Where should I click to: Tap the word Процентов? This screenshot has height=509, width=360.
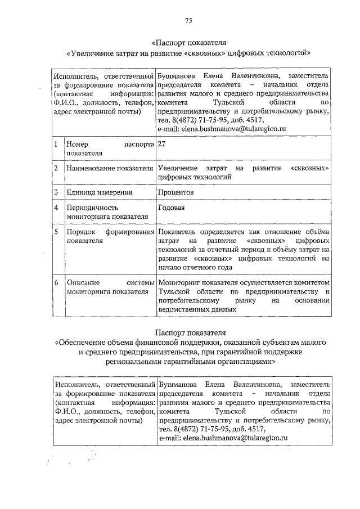[x=176, y=192]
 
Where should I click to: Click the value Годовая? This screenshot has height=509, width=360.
[x=172, y=208]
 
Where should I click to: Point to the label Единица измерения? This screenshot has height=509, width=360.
[x=99, y=192]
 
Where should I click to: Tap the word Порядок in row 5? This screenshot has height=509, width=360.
[x=80, y=232]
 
